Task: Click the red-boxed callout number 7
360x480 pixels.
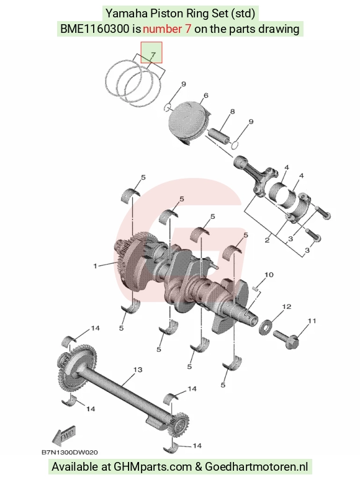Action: pyautogui.click(x=153, y=55)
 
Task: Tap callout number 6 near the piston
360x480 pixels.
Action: pyautogui.click(x=206, y=96)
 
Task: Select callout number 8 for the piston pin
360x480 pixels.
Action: pyautogui.click(x=232, y=112)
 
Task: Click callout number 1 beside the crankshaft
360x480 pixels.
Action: pyautogui.click(x=96, y=265)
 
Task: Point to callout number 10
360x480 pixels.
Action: pyautogui.click(x=269, y=275)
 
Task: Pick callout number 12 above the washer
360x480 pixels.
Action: pyautogui.click(x=287, y=306)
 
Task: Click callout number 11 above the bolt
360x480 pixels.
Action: pyautogui.click(x=312, y=321)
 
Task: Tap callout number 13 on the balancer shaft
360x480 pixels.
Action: pyautogui.click(x=138, y=370)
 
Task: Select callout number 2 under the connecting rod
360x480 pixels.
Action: pyautogui.click(x=267, y=240)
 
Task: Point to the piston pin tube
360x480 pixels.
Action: pyautogui.click(x=220, y=136)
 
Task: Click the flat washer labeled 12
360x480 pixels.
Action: pyautogui.click(x=265, y=327)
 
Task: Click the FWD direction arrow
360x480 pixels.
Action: pyautogui.click(x=64, y=435)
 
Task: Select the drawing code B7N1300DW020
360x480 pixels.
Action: pyautogui.click(x=70, y=452)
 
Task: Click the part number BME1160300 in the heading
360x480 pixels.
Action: pyautogui.click(x=95, y=29)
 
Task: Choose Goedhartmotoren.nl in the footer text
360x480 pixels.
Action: pyautogui.click(x=256, y=466)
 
